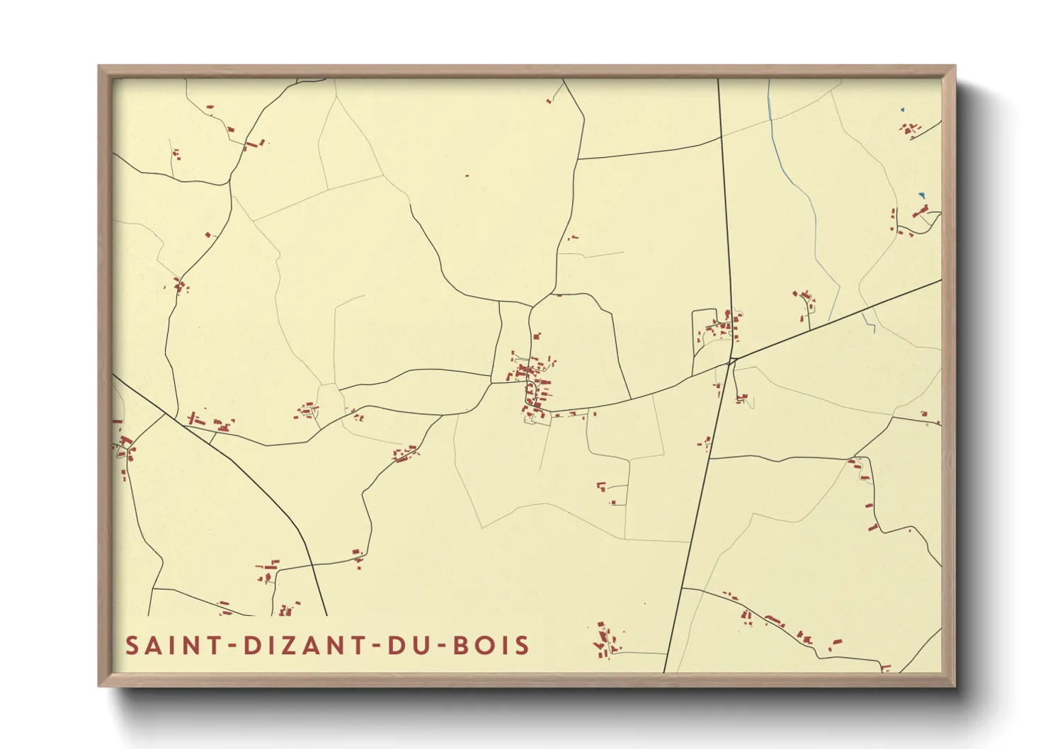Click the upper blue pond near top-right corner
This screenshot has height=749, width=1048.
(x=902, y=109)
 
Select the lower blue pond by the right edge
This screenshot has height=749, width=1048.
(x=921, y=195)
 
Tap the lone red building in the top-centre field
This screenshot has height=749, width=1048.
(x=467, y=176)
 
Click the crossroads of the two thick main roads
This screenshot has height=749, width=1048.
(x=731, y=360)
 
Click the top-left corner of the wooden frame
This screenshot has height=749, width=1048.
(x=99, y=67)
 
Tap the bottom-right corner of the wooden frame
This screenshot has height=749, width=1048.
(x=955, y=685)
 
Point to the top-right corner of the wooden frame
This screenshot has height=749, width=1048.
(x=955, y=67)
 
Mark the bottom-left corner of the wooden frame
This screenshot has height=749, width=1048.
(x=99, y=685)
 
